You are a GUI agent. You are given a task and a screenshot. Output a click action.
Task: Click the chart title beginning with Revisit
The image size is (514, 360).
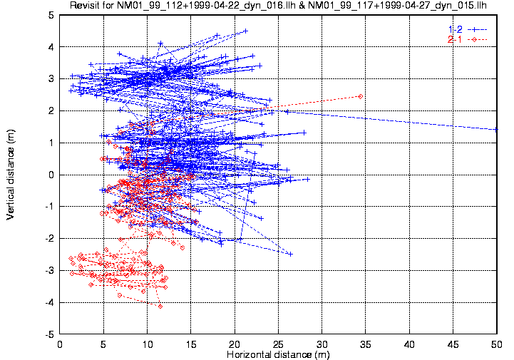278,6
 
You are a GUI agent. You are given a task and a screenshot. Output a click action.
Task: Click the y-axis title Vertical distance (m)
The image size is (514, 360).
11,174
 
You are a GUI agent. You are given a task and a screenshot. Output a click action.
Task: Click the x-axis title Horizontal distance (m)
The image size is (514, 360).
278,354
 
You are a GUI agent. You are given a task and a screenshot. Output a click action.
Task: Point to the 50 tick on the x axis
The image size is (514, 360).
496,344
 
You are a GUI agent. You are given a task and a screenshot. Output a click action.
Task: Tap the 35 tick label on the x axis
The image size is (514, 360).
365,344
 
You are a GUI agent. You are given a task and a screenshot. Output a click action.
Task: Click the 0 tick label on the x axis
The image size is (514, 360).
60,344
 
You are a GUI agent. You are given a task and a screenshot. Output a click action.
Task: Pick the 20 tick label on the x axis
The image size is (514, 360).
234,344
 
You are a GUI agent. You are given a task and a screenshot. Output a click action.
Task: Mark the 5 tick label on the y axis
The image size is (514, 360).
51,15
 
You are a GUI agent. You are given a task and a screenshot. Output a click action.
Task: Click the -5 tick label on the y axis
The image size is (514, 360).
48,334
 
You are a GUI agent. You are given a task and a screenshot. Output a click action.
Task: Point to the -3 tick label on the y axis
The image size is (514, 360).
48,271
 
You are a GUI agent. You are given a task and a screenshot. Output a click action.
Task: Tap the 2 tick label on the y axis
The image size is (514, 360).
51,111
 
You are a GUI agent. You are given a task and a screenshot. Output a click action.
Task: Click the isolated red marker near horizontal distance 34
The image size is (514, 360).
361,96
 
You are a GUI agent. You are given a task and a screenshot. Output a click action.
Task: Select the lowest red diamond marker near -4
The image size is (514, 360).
160,307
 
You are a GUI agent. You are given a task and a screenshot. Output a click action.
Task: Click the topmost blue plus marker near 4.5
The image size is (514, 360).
245,31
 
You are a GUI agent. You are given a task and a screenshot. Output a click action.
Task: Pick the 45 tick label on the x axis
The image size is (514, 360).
452,344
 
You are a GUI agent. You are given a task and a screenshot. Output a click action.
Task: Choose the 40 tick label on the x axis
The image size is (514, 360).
408,344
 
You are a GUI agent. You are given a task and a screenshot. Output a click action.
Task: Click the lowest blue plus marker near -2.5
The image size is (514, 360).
290,254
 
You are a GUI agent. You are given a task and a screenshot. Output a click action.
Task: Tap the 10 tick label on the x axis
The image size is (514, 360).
147,344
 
